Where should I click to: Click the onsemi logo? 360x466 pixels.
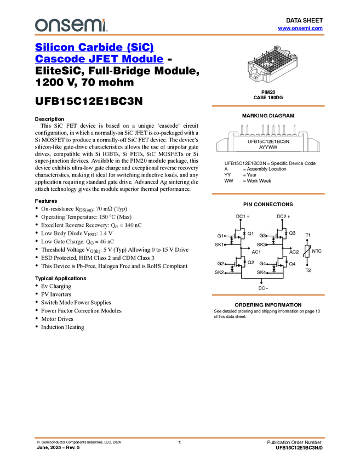70,25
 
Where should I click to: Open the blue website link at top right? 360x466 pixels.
300,29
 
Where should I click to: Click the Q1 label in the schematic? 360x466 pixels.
250,234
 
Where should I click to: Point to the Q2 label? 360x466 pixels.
250,262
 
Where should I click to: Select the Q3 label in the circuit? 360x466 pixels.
292,233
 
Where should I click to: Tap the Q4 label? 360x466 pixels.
292,264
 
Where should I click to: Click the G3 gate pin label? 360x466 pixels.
262,236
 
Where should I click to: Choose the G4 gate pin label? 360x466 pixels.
262,264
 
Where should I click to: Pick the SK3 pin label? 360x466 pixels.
261,245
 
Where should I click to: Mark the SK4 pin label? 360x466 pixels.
261,272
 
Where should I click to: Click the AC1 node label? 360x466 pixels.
256,252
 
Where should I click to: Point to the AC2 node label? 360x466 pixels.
294,252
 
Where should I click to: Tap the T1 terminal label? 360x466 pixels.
308,235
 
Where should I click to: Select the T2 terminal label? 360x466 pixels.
308,270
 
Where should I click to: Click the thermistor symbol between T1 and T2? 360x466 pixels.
307,253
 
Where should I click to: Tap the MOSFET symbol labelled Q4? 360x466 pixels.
279,264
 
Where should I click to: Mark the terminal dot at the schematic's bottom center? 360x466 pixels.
261,283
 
